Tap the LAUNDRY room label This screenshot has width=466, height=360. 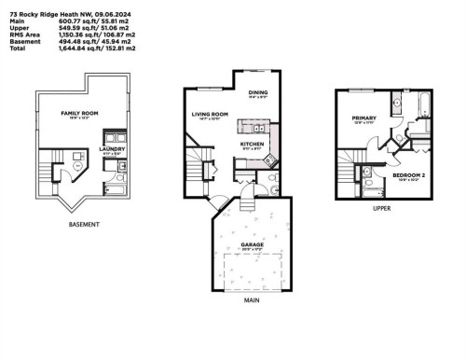click(x=113, y=147)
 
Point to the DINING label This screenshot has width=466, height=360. click(x=258, y=92)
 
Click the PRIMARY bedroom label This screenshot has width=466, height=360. click(x=363, y=118)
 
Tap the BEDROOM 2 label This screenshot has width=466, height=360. click(x=407, y=174)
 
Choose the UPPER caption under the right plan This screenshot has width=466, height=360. click(x=381, y=208)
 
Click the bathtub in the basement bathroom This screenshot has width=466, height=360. click(x=116, y=187)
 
